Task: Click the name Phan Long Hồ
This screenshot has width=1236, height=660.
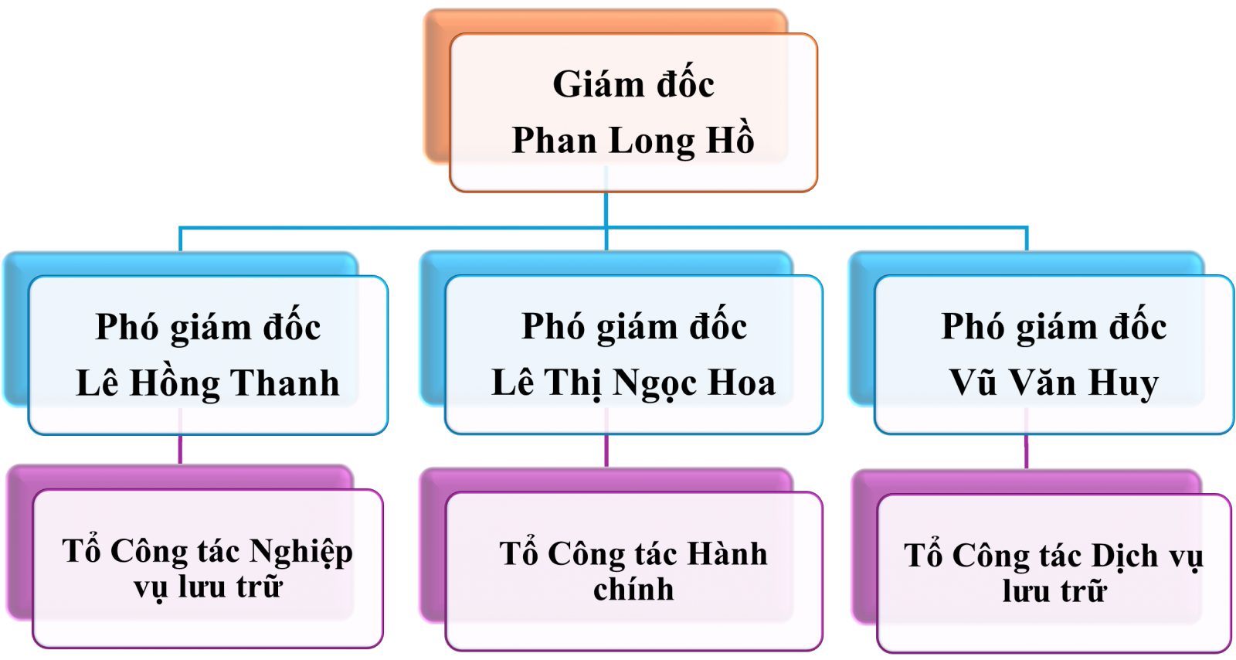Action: point(633,141)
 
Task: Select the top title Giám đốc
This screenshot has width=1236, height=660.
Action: point(633,84)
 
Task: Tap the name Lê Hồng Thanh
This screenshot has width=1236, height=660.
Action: point(208,383)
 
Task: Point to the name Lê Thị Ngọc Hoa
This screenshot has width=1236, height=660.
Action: point(633,383)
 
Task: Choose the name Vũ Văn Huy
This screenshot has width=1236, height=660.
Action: point(1054,383)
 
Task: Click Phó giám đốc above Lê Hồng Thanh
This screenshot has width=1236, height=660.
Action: point(208,327)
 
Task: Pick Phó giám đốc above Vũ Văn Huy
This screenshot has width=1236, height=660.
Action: point(1054,326)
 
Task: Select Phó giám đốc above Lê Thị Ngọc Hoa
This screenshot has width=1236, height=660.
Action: point(634,326)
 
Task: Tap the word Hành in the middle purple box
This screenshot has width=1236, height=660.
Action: point(727,554)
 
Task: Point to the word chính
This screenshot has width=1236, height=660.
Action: point(633,590)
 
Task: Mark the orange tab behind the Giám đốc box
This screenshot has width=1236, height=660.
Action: point(436,85)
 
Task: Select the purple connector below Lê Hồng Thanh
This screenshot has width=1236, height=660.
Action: point(180,449)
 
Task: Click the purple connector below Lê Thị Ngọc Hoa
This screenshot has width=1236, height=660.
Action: point(606,451)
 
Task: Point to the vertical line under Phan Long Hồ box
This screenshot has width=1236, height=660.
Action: point(606,209)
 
